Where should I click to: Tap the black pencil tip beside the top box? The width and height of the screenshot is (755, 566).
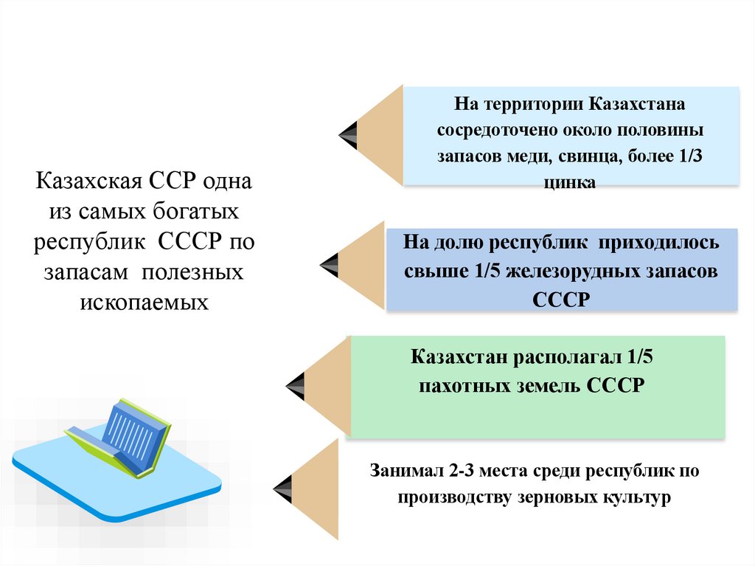[x=349, y=134]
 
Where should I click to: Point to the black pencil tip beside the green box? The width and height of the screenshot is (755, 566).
[x=296, y=382]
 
